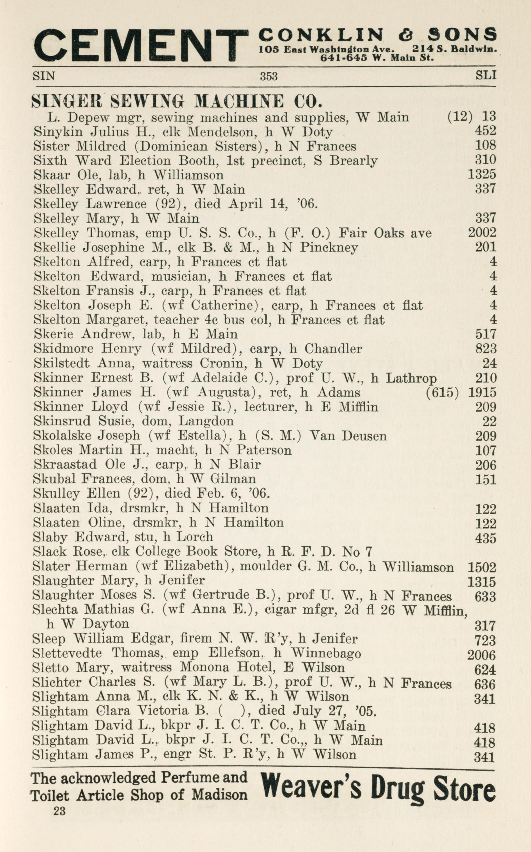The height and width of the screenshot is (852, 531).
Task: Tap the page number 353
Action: click(269, 76)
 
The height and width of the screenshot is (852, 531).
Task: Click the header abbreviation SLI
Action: click(486, 75)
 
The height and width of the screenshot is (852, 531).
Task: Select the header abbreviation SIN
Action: click(43, 76)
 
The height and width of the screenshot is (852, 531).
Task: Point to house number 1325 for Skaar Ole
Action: click(482, 175)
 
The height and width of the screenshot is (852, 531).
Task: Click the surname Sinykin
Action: click(59, 132)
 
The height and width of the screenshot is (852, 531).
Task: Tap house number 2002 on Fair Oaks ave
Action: click(482, 233)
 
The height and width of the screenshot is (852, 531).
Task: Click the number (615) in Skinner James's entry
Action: click(442, 393)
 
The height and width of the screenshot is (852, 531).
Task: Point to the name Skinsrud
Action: click(62, 421)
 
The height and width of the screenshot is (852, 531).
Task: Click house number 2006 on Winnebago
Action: click(481, 655)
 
